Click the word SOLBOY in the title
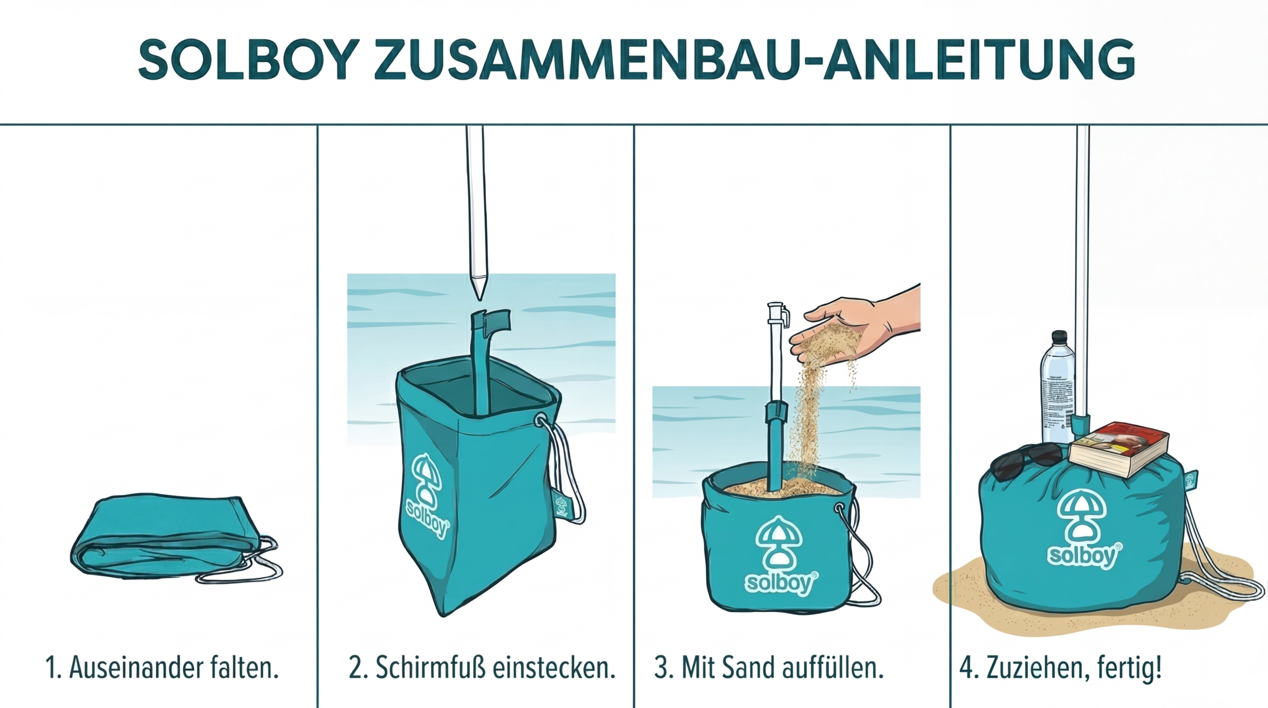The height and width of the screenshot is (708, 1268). (x=248, y=60)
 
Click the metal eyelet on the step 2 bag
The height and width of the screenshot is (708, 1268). (x=540, y=421)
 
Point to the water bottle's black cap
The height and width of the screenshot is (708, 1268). (x=1059, y=337)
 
